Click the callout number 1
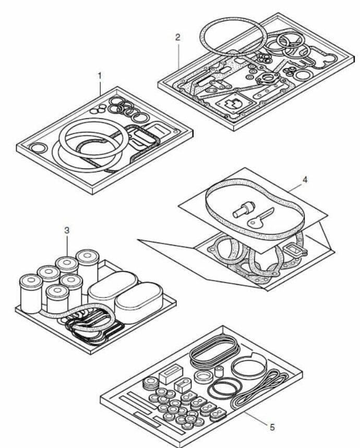(100, 76)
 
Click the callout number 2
(178, 37)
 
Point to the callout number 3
(67, 229)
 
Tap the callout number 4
(305, 179)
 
